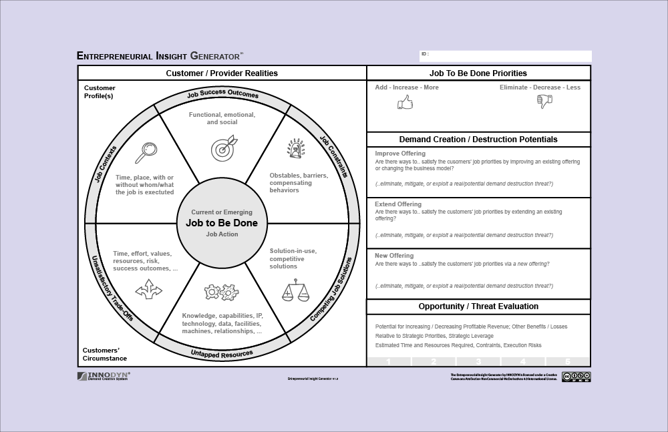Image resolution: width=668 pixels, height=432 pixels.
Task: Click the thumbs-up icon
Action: tap(405, 102)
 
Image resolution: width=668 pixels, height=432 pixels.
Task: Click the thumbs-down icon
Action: tap(544, 101)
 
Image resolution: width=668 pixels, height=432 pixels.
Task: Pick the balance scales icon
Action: tap(295, 290)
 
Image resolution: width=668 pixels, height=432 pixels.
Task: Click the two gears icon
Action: tap(221, 292)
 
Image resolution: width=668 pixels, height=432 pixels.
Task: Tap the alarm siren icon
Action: tap(295, 149)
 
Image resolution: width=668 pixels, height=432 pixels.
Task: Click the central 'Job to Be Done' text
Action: tap(221, 224)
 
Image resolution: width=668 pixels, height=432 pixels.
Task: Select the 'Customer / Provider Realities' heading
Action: tap(222, 73)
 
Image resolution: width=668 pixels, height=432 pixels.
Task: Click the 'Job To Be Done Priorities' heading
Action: tap(478, 73)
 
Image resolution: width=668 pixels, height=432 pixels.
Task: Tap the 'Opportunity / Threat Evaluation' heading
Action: tap(478, 306)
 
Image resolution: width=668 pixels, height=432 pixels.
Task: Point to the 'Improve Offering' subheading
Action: tap(400, 154)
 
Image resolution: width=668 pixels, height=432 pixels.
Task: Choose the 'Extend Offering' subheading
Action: tap(398, 204)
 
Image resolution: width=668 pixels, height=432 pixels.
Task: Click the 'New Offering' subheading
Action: tap(394, 256)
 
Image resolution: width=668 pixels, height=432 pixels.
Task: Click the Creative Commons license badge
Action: tap(576, 377)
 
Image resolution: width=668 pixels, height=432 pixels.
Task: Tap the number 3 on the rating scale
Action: tap(478, 362)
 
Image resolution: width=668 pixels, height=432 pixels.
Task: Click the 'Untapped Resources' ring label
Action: tap(222, 353)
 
